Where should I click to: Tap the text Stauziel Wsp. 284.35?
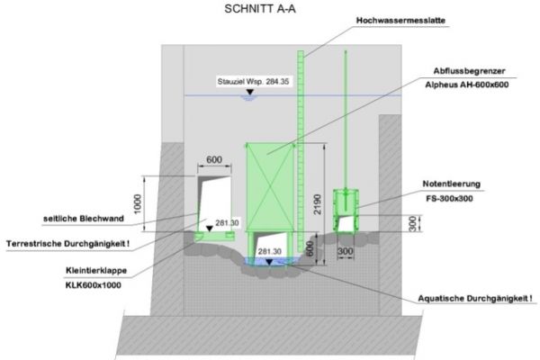tap(254, 82)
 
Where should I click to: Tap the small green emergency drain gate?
tap(346, 206)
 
